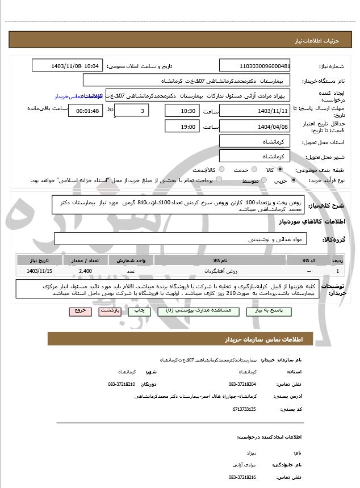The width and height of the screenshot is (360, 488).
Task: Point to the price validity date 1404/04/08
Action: (x=254, y=127)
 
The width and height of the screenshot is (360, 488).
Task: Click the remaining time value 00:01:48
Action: (x=85, y=111)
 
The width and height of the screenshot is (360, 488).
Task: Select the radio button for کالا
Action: (x=279, y=170)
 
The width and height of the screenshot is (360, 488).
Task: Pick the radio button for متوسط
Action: (x=262, y=180)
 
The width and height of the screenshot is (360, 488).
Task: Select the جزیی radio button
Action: (x=293, y=180)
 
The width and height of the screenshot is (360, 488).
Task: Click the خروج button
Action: (x=79, y=311)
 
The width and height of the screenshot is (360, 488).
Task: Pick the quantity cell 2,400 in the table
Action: (x=86, y=271)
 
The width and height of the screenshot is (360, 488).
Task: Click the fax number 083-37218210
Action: (x=122, y=384)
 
